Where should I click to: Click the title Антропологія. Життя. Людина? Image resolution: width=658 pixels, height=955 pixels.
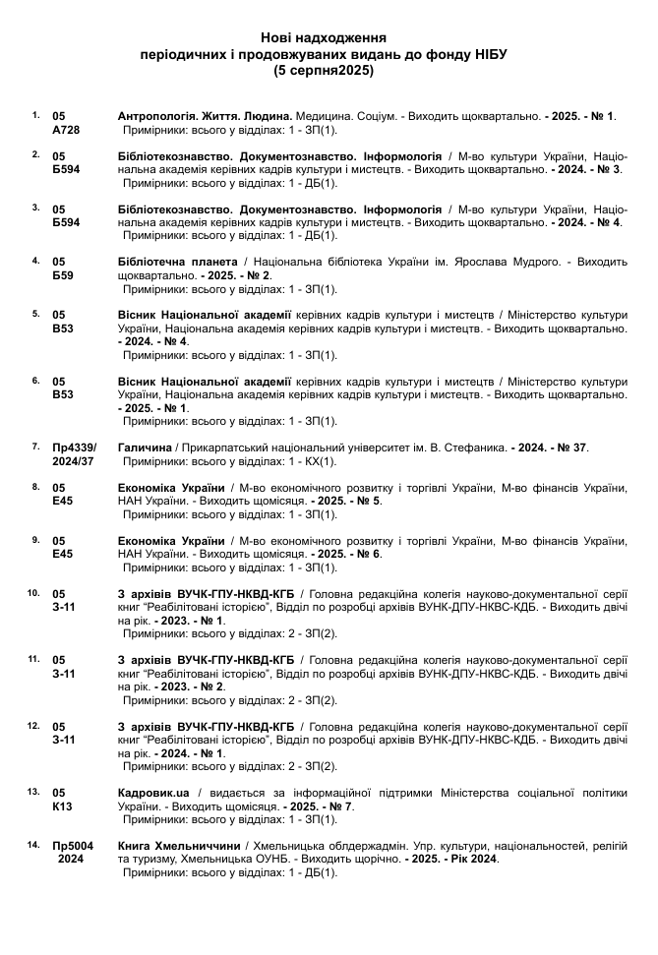[200, 116]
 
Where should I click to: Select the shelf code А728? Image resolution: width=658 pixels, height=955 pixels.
[65, 130]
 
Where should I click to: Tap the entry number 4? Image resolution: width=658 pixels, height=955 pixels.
[36, 261]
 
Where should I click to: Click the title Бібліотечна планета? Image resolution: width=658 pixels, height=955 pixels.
[177, 263]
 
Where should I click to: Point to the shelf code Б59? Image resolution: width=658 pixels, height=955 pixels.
[62, 276]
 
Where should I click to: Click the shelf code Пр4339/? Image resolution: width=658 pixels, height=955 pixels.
[75, 448]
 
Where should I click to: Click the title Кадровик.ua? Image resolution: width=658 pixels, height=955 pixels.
[152, 793]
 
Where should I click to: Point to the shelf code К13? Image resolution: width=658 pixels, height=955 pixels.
[62, 806]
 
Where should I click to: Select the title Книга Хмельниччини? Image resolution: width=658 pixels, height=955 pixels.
[179, 845]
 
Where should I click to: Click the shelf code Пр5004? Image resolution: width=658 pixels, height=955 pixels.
[73, 845]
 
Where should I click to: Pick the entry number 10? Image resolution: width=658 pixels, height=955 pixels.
[33, 593]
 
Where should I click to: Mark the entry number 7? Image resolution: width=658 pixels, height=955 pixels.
[36, 447]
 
